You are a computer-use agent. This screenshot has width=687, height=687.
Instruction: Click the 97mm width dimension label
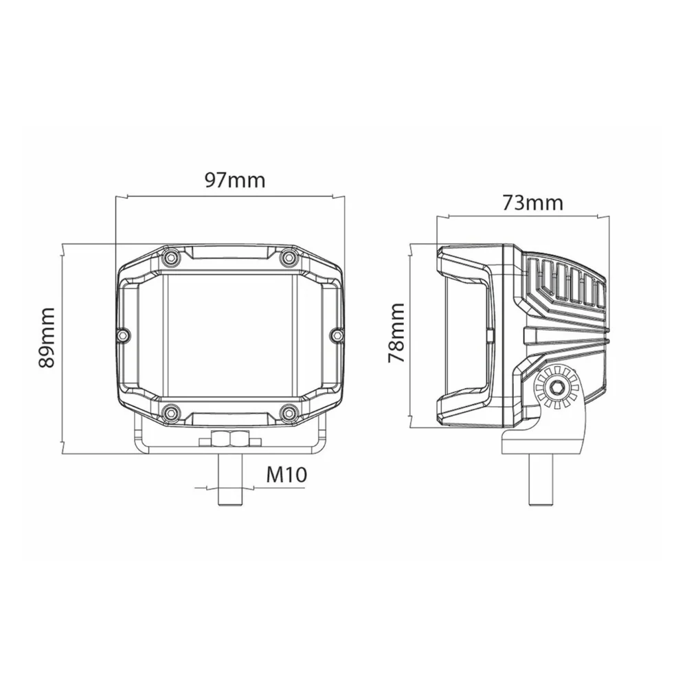click(x=235, y=180)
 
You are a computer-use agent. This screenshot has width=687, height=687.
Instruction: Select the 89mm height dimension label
click(x=47, y=337)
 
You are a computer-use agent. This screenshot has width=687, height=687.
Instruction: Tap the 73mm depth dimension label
click(x=532, y=203)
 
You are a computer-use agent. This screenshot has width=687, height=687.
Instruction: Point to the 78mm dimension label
click(x=396, y=333)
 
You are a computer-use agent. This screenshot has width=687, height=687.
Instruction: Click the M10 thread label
click(x=287, y=475)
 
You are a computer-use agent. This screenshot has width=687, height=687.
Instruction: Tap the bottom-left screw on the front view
click(x=171, y=412)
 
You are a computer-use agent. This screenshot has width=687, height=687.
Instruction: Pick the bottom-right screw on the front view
click(x=287, y=412)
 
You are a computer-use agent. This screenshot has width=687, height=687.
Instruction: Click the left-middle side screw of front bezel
click(x=124, y=335)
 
